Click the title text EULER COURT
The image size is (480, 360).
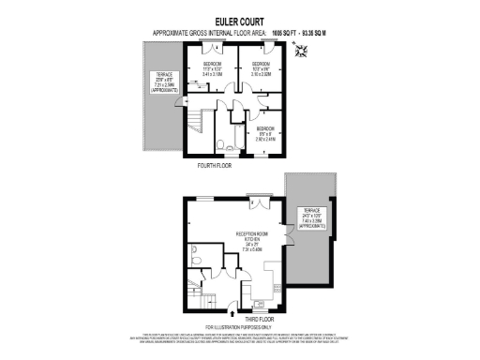[x=240, y=21]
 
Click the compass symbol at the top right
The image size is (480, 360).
[x=301, y=52]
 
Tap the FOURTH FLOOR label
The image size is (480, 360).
[x=214, y=165]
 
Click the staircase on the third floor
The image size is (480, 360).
[x=197, y=299]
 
